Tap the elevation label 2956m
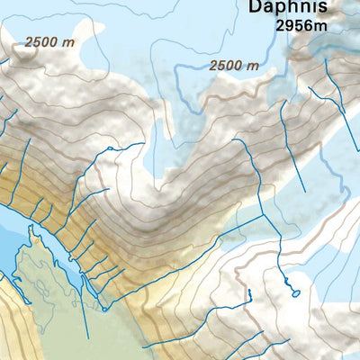pos(301,26)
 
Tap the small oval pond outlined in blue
pos(293,291)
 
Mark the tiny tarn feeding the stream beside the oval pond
pos(247,293)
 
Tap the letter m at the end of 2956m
pos(320,26)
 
